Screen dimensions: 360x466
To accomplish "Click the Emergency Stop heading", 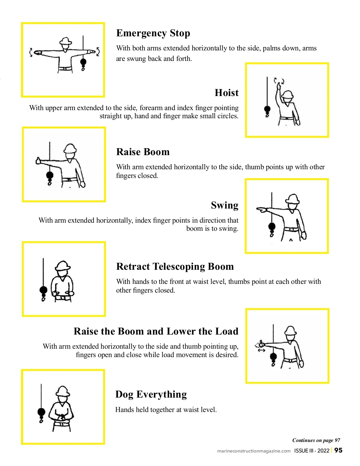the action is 153,33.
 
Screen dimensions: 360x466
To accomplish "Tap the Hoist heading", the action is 226,93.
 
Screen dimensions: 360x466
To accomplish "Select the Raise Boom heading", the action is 143,152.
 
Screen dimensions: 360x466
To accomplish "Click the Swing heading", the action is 224,206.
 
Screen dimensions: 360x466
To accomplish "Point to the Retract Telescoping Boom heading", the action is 175,267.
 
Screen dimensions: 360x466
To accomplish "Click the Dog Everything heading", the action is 151,394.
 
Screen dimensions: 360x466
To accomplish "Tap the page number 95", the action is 338,450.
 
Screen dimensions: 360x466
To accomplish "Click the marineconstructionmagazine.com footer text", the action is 254,451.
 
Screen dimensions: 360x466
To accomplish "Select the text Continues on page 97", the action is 316,440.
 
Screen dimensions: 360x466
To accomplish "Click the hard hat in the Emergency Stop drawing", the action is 65,41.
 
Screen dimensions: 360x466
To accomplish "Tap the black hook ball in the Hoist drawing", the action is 267,109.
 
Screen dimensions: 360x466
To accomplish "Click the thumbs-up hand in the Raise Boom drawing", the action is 39,161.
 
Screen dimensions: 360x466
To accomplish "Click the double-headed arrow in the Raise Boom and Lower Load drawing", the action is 261,350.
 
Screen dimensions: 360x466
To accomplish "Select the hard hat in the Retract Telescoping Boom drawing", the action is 63,266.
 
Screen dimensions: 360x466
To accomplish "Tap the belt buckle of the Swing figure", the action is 292,229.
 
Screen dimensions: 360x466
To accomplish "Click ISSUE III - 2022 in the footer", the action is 312,451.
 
